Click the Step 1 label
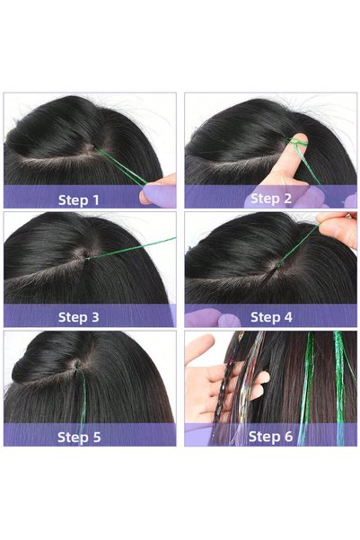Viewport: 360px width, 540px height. pyautogui.click(x=78, y=199)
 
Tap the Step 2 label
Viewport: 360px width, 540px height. pyautogui.click(x=271, y=199)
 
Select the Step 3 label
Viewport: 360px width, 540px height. pyautogui.click(x=78, y=317)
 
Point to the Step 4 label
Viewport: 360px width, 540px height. pyautogui.click(x=271, y=317)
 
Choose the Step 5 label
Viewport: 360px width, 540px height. pyautogui.click(x=79, y=437)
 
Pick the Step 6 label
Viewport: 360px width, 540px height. pyautogui.click(x=270, y=437)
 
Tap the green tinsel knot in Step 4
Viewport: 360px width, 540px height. pyautogui.click(x=278, y=264)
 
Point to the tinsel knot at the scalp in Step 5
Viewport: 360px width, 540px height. pyautogui.click(x=75, y=367)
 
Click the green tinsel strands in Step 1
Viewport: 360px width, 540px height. pyautogui.click(x=120, y=166)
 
